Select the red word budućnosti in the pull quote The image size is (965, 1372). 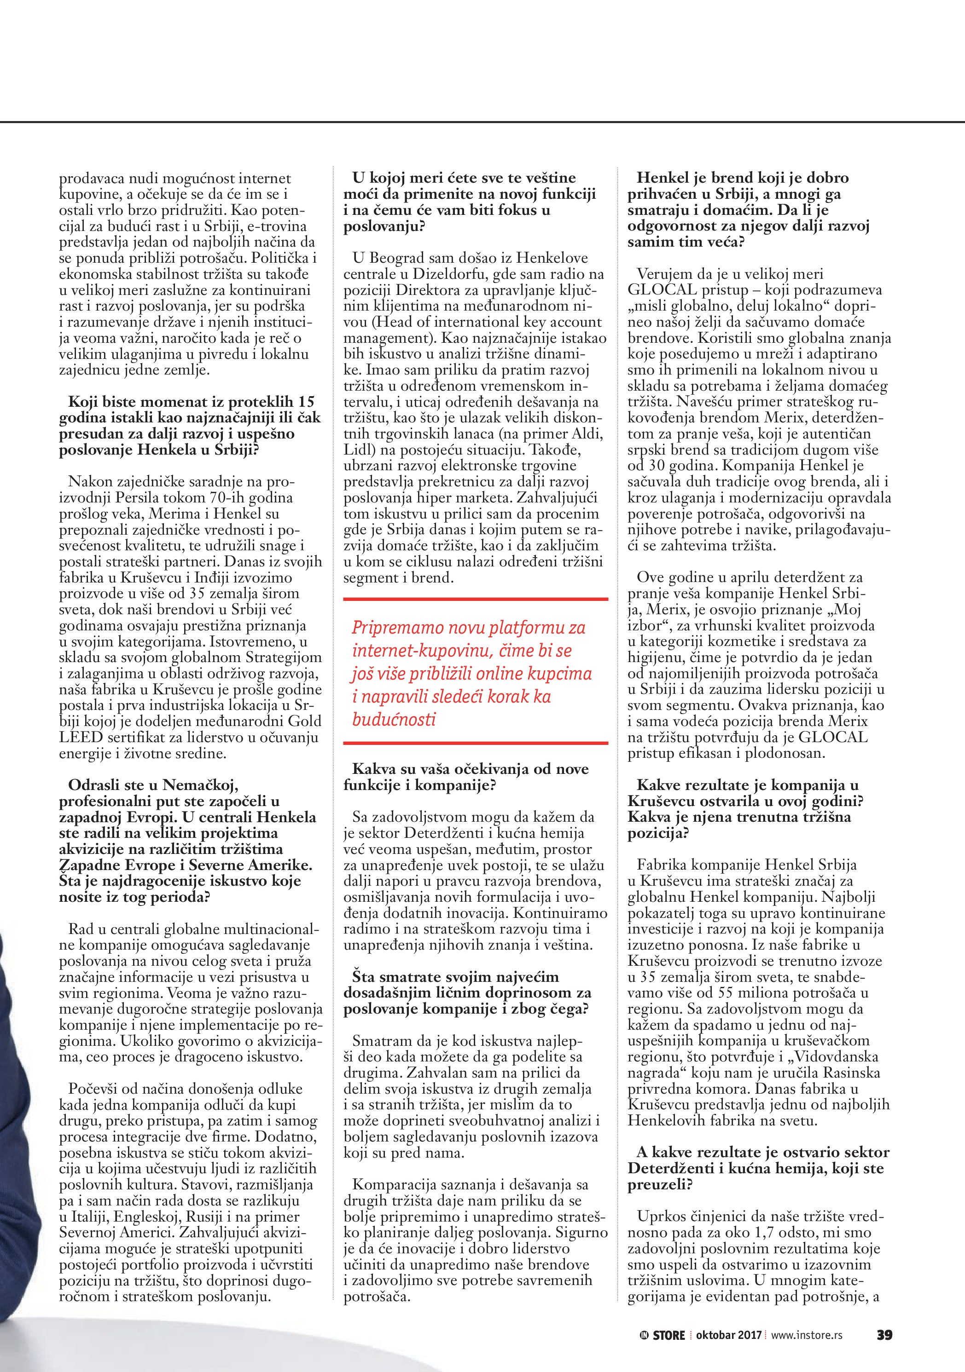394,719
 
